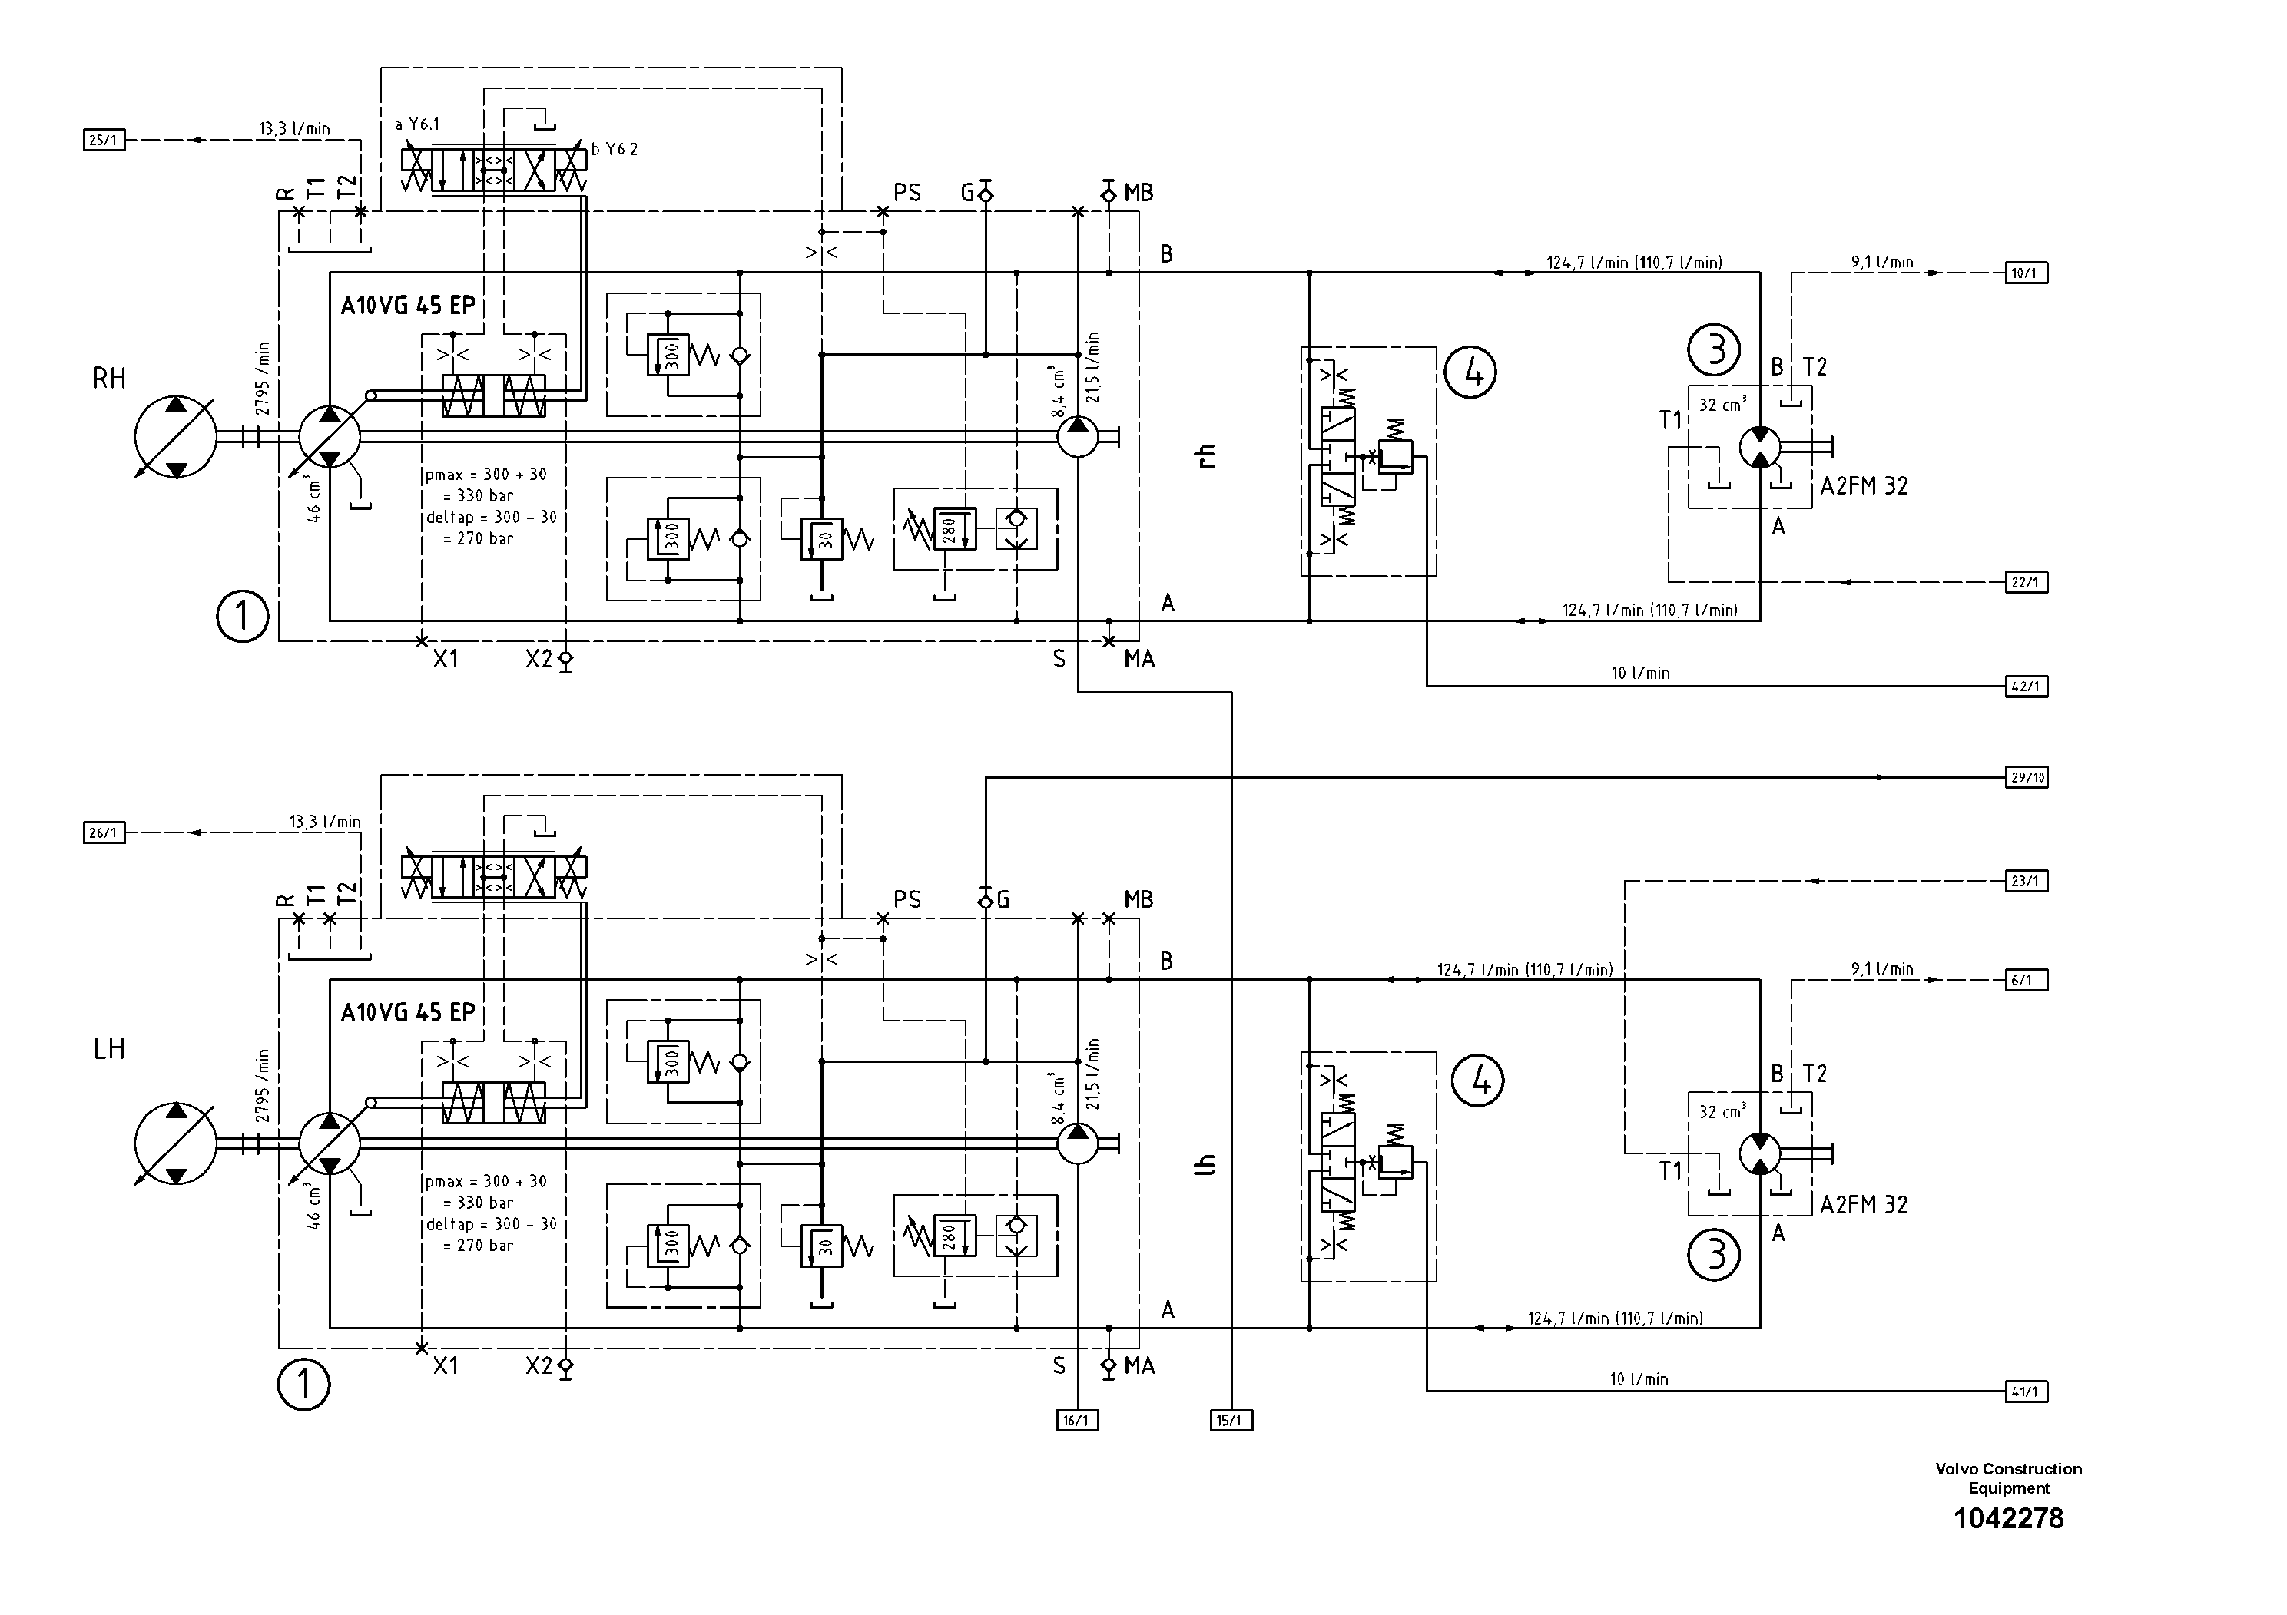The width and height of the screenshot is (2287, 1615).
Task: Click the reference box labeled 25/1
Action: tap(104, 141)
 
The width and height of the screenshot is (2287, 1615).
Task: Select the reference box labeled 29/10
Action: tap(2026, 778)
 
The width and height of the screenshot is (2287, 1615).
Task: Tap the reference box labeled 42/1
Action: tap(2026, 686)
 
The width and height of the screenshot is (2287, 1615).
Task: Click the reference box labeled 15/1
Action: tap(1231, 1421)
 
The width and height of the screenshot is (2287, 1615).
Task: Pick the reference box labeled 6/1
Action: tap(2026, 980)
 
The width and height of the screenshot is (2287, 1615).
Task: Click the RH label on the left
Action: tap(110, 379)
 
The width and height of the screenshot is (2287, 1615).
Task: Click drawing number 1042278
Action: tap(2008, 1518)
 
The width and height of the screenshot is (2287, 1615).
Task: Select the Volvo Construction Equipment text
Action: tap(2008, 1478)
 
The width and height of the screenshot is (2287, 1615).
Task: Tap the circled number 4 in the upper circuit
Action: tap(1471, 372)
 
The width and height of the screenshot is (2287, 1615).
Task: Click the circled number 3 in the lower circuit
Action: tap(1713, 1255)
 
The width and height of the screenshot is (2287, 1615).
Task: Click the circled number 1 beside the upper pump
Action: tap(242, 617)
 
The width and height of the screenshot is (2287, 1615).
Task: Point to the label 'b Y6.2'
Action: tap(615, 149)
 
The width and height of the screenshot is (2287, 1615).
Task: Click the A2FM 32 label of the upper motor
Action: tap(1864, 487)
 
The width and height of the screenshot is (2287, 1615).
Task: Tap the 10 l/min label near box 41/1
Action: tap(1639, 1379)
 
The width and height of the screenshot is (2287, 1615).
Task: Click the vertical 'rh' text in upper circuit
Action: tap(1206, 456)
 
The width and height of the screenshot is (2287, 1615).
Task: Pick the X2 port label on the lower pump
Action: tap(539, 1366)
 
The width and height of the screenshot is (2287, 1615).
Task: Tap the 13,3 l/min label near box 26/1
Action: tap(325, 822)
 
